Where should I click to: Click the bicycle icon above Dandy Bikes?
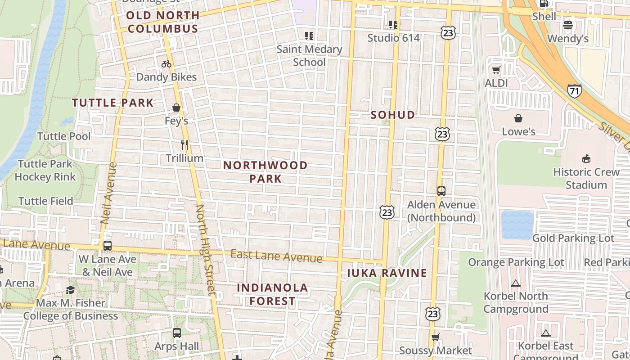166,64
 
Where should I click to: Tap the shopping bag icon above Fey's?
176,108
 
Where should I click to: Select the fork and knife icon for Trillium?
184,145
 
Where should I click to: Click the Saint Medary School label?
309,55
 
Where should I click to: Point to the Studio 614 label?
393,38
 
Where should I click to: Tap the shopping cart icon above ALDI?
496,70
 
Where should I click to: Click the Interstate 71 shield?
574,91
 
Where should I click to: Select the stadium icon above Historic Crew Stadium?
586,158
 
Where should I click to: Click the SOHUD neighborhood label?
393,115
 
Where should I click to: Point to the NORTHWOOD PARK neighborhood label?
265,172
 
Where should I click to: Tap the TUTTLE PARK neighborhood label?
113,103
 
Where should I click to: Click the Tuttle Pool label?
64,136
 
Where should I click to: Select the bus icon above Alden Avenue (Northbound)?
441,191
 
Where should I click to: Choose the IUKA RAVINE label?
387,273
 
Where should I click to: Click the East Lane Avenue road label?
276,256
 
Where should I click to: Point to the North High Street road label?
206,250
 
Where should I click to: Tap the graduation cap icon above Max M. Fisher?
70,289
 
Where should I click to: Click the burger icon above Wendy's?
568,25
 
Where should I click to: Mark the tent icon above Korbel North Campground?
516,283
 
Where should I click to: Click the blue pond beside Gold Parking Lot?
517,225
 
